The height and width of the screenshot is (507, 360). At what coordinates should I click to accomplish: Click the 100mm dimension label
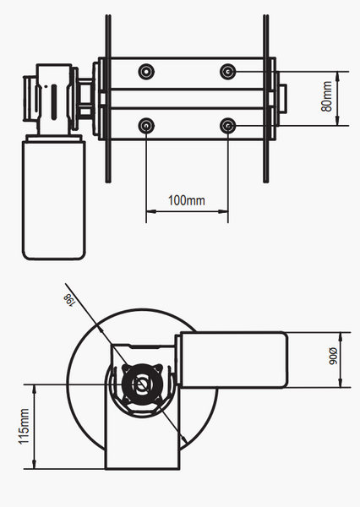tap(186, 200)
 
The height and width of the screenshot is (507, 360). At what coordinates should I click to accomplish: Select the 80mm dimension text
tap(327, 96)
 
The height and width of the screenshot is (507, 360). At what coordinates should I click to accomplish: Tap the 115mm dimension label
tap(24, 427)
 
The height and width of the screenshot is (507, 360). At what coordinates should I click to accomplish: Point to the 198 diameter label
tap(69, 299)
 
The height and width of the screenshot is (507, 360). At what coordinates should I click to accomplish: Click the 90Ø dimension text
tap(333, 356)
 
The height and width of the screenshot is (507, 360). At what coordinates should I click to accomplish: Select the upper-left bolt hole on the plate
tap(146, 71)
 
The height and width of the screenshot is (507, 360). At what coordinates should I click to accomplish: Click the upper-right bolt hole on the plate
tap(227, 71)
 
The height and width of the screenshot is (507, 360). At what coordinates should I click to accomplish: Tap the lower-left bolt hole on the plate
tap(146, 125)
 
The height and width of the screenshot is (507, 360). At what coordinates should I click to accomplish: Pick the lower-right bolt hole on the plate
tap(227, 125)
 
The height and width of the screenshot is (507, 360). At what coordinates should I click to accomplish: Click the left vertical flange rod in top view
tap(108, 99)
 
